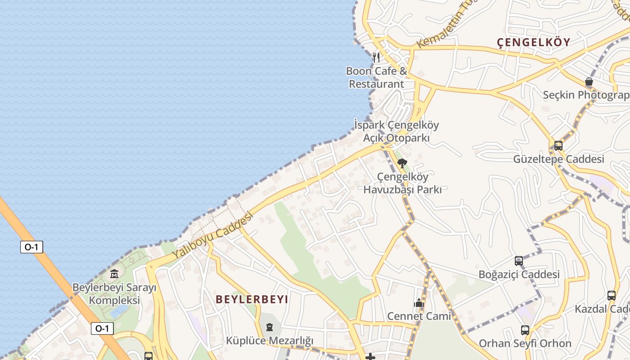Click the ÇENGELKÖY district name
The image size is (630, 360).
(x=533, y=42)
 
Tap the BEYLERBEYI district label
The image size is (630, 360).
(x=252, y=299)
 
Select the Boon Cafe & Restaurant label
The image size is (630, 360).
(x=377, y=77)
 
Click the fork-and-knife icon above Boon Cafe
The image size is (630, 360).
(x=376, y=58)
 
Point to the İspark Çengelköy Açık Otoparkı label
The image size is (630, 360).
(x=396, y=131)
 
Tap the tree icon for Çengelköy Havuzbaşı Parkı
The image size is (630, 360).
(x=402, y=163)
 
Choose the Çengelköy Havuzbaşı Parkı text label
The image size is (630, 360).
(x=402, y=183)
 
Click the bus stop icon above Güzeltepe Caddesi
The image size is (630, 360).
(x=558, y=146)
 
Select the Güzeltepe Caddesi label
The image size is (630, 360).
(x=558, y=159)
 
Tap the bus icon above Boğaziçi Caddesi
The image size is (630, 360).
(x=519, y=261)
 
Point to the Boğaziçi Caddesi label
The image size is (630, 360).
(x=519, y=274)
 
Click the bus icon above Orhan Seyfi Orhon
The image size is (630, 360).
(x=525, y=330)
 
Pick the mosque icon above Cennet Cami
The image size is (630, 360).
(x=419, y=303)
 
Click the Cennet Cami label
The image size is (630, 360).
(x=419, y=316)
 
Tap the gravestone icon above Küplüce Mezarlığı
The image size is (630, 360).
(x=270, y=327)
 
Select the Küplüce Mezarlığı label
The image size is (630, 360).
(x=270, y=341)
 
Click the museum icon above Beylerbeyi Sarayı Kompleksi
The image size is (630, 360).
(x=114, y=274)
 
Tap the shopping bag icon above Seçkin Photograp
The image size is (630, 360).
(x=589, y=81)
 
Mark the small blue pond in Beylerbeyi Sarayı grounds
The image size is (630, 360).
(x=119, y=311)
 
